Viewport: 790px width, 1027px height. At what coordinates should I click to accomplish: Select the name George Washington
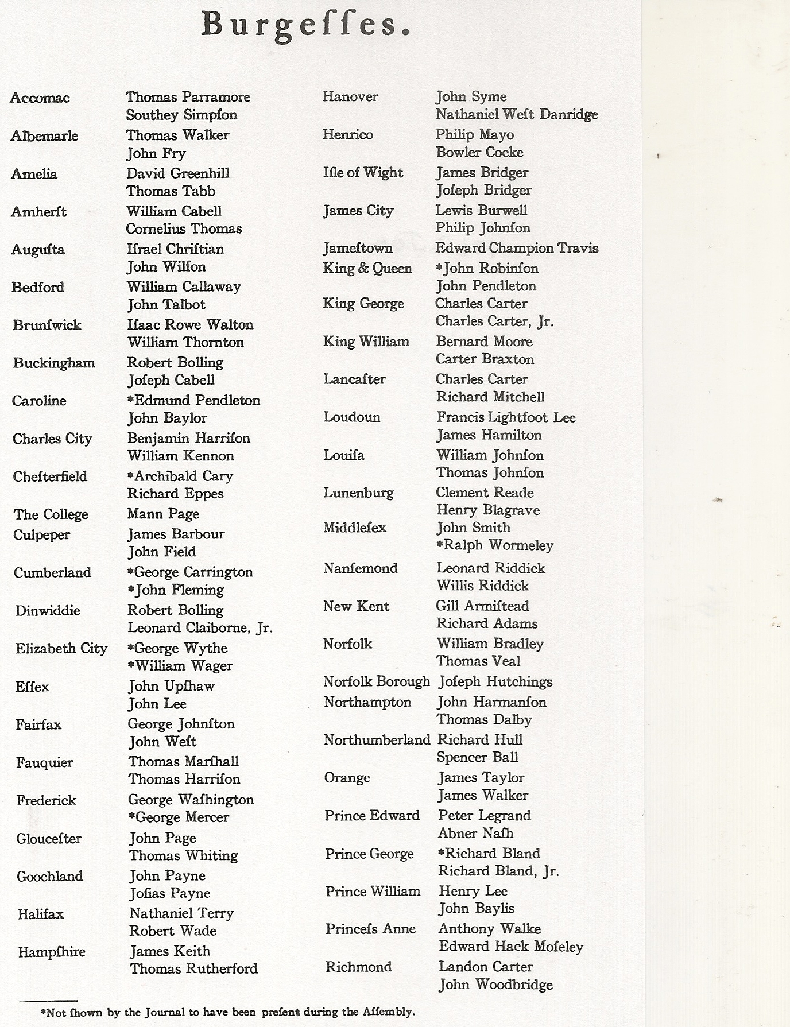[x=191, y=800]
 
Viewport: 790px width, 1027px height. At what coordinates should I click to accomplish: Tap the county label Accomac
[x=40, y=98]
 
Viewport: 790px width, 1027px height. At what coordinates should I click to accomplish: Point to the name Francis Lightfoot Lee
[x=506, y=417]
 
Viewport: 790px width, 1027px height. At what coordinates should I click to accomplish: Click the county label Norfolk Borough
[x=377, y=681]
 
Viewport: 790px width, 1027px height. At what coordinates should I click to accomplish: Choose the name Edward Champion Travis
[x=517, y=248]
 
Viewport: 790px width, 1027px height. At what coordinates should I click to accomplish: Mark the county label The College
[x=51, y=514]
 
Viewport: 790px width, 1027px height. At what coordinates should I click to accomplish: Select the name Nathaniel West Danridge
[x=517, y=115]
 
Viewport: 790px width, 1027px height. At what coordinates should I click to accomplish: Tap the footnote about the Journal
[x=227, y=1012]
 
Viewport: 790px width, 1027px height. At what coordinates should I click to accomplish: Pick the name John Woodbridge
[x=495, y=985]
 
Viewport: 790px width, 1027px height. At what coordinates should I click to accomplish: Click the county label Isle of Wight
[x=363, y=173]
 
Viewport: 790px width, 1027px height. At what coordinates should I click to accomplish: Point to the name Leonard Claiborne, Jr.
[x=200, y=628]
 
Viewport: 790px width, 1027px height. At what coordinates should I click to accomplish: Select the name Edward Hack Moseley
[x=511, y=947]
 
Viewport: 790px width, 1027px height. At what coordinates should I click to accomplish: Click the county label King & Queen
[x=367, y=269]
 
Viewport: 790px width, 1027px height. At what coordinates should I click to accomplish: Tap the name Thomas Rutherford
[x=193, y=969]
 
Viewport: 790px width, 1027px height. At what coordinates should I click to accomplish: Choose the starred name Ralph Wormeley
[x=495, y=545]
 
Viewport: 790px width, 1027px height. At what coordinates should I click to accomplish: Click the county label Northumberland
[x=377, y=740]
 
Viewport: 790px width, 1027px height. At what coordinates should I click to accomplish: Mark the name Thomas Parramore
[x=188, y=97]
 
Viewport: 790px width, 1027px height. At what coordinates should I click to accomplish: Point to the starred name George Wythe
[x=178, y=648]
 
